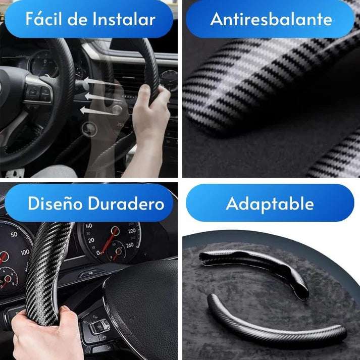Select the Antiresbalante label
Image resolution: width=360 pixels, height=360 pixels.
click(x=271, y=20)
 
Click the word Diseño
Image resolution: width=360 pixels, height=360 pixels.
click(x=54, y=203)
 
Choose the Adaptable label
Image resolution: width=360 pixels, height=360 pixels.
click(x=270, y=204)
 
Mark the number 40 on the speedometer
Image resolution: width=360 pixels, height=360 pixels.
click(x=88, y=226)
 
